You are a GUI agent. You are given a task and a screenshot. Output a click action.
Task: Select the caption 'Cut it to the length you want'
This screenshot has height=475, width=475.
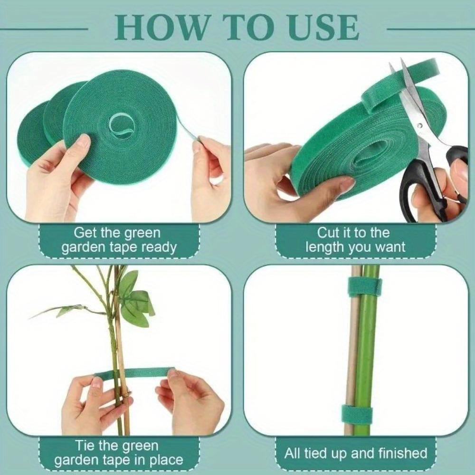tap(355, 240)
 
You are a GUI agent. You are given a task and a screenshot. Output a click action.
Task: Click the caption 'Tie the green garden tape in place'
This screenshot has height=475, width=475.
tap(118, 453)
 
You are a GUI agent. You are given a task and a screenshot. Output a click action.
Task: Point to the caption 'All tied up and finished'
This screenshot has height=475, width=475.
tap(355, 453)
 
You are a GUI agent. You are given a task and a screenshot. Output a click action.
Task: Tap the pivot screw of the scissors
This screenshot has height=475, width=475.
tap(419, 126)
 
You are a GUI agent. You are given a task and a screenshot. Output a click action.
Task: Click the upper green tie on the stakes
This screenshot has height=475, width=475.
tap(365, 286)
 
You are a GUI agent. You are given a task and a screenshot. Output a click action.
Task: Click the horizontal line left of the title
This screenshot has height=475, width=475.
tap(45, 29)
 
